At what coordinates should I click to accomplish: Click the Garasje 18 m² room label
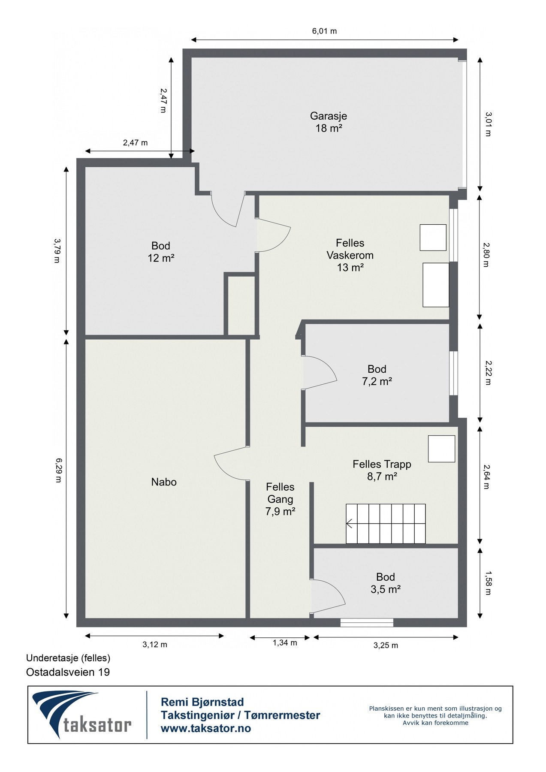[x=329, y=122]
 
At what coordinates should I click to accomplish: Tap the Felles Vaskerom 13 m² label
[x=350, y=255]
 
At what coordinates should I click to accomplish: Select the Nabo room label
[x=164, y=482]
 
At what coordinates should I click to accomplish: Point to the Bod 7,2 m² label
[x=377, y=375]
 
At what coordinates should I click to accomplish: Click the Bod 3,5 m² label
[x=386, y=583]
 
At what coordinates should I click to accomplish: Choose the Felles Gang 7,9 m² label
[x=281, y=499]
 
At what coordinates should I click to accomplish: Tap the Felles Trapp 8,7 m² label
[x=382, y=470]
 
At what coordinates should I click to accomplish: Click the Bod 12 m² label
[x=161, y=252]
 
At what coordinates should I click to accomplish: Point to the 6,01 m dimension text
[x=324, y=31]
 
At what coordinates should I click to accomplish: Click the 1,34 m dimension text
[x=285, y=643]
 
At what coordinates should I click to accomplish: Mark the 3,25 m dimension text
[x=386, y=645]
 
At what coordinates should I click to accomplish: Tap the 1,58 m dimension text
[x=487, y=583]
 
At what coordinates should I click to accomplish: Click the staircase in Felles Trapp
[x=386, y=524]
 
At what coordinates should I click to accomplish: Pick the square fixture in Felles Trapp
[x=441, y=449]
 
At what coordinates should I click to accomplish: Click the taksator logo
[x=82, y=715]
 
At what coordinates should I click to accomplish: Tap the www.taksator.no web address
[x=206, y=728]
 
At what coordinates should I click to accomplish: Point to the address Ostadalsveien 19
[x=68, y=672]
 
